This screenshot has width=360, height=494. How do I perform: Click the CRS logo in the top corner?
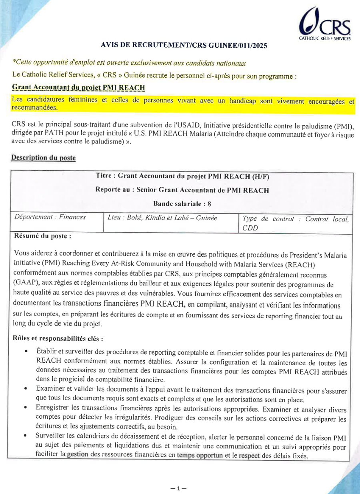point(325,25)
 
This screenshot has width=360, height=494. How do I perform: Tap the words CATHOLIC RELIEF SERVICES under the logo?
point(325,39)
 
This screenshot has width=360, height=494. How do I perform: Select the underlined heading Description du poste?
point(43,158)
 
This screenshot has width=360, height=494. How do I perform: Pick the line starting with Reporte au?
point(182,190)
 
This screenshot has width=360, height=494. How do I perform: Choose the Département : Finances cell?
point(50,217)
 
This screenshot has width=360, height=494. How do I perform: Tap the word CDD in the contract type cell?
point(250,228)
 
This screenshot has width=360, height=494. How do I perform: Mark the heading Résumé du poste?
point(43,236)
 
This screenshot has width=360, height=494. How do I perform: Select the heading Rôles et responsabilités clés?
point(58,339)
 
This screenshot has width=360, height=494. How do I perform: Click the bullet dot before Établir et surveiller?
point(26,352)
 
